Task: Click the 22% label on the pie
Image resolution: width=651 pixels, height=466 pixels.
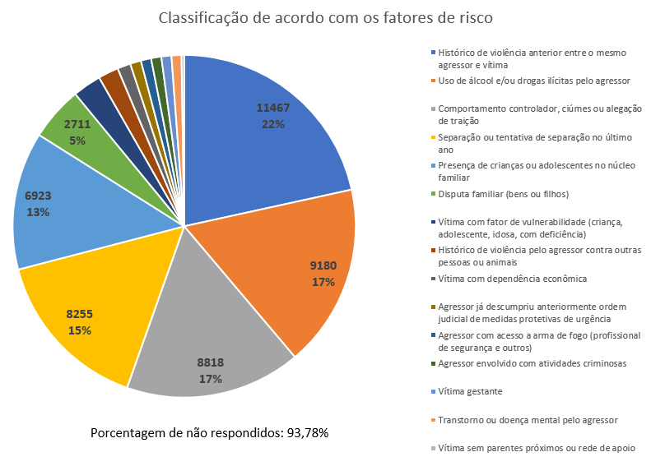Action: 273,124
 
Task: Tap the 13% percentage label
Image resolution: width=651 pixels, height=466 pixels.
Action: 38,211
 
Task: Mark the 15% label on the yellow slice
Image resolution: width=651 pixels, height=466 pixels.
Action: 80,330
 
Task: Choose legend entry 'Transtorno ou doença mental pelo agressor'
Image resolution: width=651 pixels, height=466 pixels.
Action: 528,419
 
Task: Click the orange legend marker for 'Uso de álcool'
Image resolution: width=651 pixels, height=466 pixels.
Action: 433,81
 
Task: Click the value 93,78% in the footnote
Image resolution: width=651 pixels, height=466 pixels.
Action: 307,432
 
